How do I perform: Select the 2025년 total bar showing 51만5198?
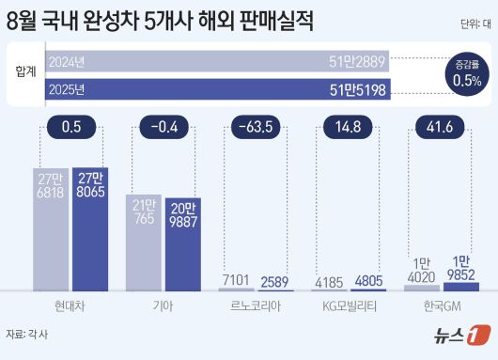[x=216, y=91]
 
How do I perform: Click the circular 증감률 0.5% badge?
[x=467, y=74]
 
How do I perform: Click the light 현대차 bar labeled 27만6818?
[x=52, y=235]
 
